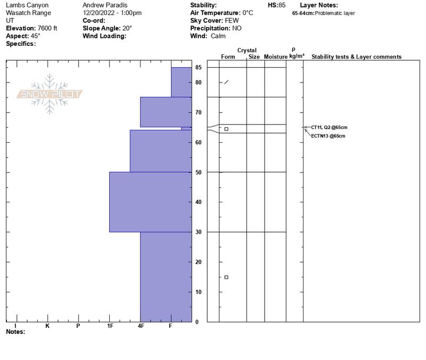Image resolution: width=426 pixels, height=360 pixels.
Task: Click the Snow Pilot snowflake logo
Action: tap(49, 94)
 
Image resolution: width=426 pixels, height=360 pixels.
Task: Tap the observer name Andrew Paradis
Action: tap(105, 5)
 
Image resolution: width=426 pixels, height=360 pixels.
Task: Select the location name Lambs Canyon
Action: tap(27, 5)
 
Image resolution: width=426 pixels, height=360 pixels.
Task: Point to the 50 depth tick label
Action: tap(198, 172)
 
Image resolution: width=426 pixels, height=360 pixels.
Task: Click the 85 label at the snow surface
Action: tap(198, 67)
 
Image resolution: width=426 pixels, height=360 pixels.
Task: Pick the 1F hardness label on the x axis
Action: tap(110, 326)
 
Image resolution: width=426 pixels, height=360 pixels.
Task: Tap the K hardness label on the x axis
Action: tap(47, 326)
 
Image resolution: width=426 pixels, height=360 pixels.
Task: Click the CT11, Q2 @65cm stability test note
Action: tap(329, 127)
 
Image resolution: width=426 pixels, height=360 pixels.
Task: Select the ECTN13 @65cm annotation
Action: tap(328, 136)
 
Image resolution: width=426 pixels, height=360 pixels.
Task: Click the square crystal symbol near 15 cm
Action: tap(226, 277)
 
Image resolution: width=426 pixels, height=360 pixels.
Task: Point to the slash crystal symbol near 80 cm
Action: tap(226, 82)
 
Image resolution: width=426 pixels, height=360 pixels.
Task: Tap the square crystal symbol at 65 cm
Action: tap(226, 129)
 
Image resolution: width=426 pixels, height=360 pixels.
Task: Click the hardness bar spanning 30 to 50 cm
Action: tap(151, 202)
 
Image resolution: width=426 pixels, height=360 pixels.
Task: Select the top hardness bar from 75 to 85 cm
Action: tap(182, 82)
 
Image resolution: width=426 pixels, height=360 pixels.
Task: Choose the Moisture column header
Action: tap(275, 56)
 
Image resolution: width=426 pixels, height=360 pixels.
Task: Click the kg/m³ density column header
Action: tap(297, 56)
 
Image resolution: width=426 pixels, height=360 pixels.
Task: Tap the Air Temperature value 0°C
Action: tap(248, 13)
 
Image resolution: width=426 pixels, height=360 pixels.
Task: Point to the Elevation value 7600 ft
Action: tap(47, 28)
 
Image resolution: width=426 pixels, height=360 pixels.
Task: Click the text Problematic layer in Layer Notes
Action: tap(335, 13)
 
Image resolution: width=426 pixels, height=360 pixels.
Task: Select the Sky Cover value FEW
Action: tap(232, 20)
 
